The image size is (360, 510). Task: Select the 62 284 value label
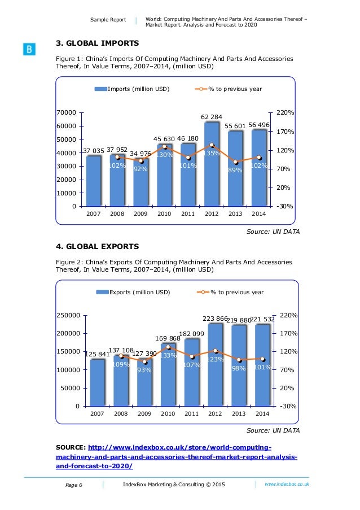[212, 116]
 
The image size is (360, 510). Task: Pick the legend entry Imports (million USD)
[132, 89]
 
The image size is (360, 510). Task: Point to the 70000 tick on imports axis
[67, 113]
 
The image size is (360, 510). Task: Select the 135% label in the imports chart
[211, 153]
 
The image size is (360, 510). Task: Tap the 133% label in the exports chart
[168, 355]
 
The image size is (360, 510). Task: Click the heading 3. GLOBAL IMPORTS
[97, 43]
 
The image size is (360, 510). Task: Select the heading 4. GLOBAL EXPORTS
[97, 246]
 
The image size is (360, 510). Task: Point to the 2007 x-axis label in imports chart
[94, 215]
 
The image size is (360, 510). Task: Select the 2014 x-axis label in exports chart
[262, 414]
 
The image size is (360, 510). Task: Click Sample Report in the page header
[108, 20]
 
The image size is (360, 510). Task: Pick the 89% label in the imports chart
[235, 169]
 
